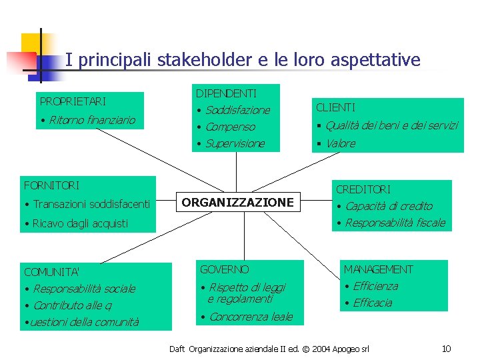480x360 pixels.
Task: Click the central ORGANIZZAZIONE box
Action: click(x=238, y=202)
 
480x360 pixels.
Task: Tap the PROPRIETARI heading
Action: click(x=73, y=101)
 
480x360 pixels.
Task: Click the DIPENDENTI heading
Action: click(x=226, y=93)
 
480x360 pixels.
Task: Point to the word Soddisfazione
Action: click(x=237, y=110)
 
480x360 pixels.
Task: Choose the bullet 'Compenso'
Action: click(x=230, y=127)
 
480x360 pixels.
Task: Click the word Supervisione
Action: click(x=235, y=143)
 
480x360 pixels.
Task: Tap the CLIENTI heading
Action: click(x=335, y=107)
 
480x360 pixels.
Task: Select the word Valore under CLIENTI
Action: click(x=341, y=143)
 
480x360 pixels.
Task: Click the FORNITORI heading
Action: click(x=51, y=185)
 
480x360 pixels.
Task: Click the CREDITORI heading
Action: click(x=363, y=190)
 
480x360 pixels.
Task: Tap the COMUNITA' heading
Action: click(x=51, y=272)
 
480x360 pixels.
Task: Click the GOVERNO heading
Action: click(x=224, y=269)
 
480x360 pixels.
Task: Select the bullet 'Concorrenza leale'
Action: click(x=251, y=317)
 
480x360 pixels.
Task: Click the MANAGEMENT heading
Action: click(x=378, y=269)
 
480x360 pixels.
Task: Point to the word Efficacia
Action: click(x=372, y=303)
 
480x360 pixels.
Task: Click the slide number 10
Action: click(x=447, y=349)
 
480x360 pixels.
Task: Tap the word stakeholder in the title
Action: click(x=204, y=60)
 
